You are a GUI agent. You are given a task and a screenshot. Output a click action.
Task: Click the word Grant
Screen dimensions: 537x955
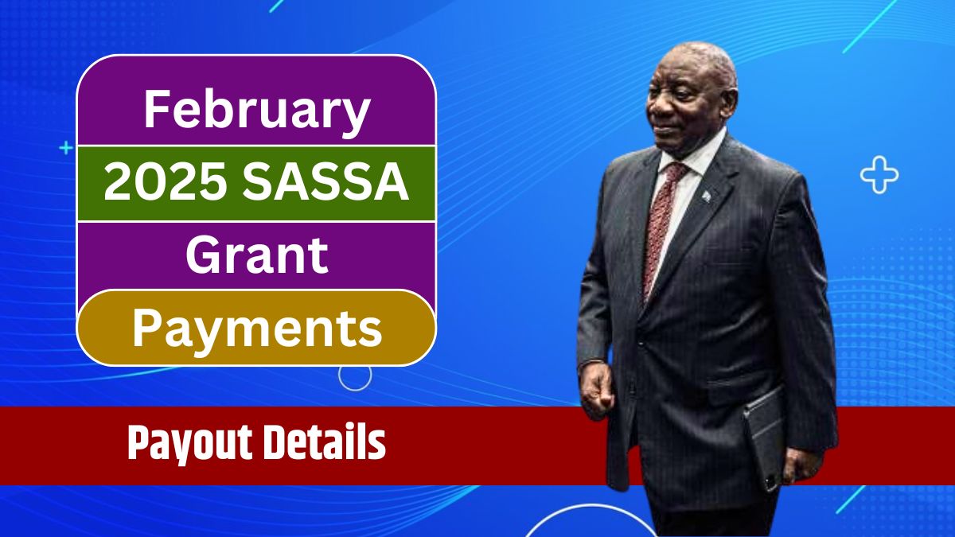click(x=256, y=256)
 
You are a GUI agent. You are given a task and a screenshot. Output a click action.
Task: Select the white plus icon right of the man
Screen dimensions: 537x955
click(x=879, y=176)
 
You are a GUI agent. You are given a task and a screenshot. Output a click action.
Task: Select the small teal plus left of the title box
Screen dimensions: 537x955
click(x=65, y=148)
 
